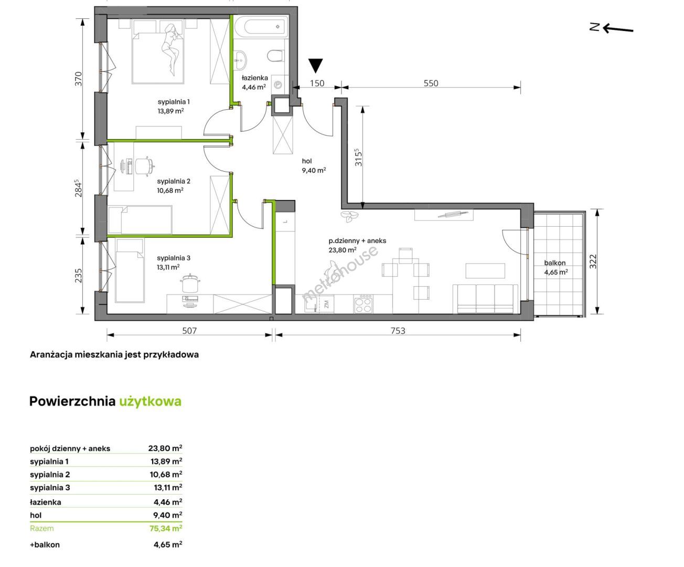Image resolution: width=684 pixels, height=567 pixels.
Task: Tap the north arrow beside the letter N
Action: click(x=618, y=29)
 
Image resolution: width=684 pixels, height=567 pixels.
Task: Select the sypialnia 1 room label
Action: click(x=174, y=102)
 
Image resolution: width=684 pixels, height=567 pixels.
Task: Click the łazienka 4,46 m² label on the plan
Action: click(x=254, y=82)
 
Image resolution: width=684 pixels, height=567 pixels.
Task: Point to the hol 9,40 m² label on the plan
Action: click(x=314, y=165)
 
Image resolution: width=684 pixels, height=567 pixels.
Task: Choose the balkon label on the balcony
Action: click(x=555, y=262)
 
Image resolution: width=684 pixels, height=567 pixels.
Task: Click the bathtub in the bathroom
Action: click(x=261, y=27)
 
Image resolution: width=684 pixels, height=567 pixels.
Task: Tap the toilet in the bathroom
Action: click(x=275, y=56)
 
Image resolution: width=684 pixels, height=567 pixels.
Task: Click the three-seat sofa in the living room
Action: click(x=485, y=299)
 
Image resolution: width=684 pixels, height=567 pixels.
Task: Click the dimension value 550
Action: click(x=431, y=83)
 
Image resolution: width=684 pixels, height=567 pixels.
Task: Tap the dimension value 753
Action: click(x=398, y=331)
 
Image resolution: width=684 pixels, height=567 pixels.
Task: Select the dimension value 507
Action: click(x=189, y=331)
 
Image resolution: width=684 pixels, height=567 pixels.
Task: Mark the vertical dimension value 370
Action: click(x=78, y=79)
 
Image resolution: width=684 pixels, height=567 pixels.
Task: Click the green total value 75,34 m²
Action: click(x=166, y=528)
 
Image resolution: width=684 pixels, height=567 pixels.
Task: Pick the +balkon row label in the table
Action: click(x=45, y=545)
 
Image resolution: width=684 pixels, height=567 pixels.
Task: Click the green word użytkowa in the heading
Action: click(x=151, y=402)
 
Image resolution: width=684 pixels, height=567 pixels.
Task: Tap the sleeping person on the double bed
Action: click(x=171, y=48)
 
